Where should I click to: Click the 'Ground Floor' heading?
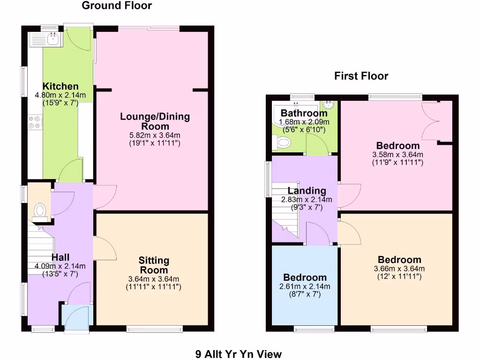pyautogui.click(x=117, y=6)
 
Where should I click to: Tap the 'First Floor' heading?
pyautogui.click(x=361, y=76)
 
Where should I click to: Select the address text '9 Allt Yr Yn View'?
pyautogui.click(x=239, y=354)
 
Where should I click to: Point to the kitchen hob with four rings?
pyautogui.click(x=35, y=122)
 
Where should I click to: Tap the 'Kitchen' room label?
pyautogui.click(x=60, y=86)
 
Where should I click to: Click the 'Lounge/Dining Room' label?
pyautogui.click(x=155, y=121)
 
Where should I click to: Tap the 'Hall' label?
pyautogui.click(x=60, y=257)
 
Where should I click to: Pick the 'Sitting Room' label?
pyautogui.click(x=154, y=265)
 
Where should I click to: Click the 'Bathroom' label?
pyautogui.click(x=304, y=113)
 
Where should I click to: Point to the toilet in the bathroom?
pyautogui.click(x=283, y=142)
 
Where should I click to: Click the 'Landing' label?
pyautogui.click(x=307, y=191)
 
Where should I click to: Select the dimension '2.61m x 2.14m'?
pyautogui.click(x=305, y=286)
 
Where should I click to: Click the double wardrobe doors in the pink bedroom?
pyautogui.click(x=432, y=121)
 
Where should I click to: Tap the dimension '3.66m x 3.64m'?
pyautogui.click(x=399, y=269)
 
